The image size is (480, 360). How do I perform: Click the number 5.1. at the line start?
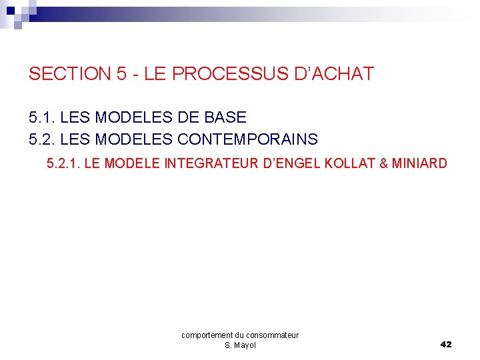42,118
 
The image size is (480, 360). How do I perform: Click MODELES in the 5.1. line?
130,118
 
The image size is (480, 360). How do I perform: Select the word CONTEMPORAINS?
247,140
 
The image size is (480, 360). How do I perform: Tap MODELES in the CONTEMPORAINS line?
130,140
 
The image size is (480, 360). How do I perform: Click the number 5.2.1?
63,163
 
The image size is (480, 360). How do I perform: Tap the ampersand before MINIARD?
383,163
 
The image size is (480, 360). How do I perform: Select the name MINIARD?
419,163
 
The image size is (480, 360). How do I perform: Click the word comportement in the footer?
207,335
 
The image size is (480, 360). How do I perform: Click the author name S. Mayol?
240,345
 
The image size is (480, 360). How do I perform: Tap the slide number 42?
446,345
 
